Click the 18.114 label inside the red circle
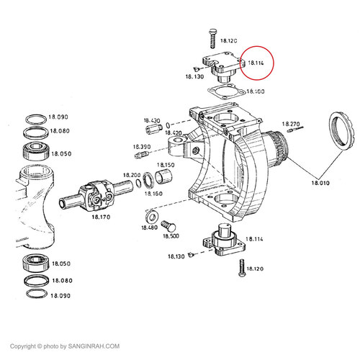[256, 63]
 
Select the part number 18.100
[256, 92]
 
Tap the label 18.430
[152, 121]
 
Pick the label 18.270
[291, 124]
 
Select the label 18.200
[132, 175]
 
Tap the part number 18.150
[166, 165]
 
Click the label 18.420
[174, 132]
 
